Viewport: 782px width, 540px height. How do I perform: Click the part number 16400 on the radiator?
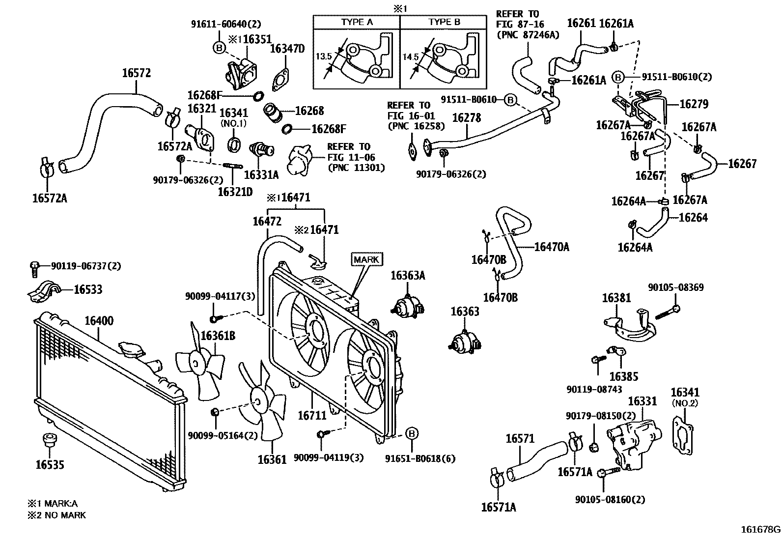click(x=99, y=321)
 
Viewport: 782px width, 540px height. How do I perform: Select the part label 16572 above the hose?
click(x=136, y=73)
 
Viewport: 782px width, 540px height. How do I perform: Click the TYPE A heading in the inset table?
click(x=357, y=22)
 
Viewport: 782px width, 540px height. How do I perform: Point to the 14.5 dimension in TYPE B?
click(x=411, y=57)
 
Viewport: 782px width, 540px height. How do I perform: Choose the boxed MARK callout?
click(x=366, y=259)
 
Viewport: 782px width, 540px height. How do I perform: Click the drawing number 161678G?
click(x=760, y=530)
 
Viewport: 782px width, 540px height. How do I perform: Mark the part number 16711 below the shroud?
click(x=312, y=416)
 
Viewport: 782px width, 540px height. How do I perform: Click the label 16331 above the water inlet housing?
click(x=642, y=401)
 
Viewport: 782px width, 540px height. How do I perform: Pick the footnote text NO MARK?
click(x=64, y=515)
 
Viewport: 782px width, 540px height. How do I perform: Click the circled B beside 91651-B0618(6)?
click(x=412, y=433)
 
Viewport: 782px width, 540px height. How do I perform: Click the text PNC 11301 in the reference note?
click(x=356, y=168)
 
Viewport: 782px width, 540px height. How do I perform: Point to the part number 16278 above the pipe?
click(x=466, y=118)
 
